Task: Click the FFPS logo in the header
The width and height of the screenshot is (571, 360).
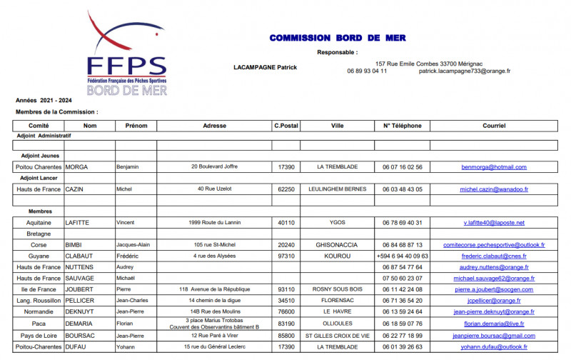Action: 127,54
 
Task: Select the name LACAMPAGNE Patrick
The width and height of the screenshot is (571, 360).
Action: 266,68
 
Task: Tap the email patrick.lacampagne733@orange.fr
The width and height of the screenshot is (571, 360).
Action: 464,71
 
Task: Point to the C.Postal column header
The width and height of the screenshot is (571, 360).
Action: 285,126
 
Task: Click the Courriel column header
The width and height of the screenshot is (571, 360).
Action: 494,126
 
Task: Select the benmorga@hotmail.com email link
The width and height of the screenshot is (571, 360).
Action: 494,167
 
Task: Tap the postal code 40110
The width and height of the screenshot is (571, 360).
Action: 285,223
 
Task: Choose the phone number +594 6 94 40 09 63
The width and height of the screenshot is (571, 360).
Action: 403,256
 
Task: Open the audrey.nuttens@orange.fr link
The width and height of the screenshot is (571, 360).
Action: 494,267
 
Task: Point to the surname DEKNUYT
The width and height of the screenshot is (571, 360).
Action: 81,312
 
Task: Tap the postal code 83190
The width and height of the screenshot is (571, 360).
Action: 285,324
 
